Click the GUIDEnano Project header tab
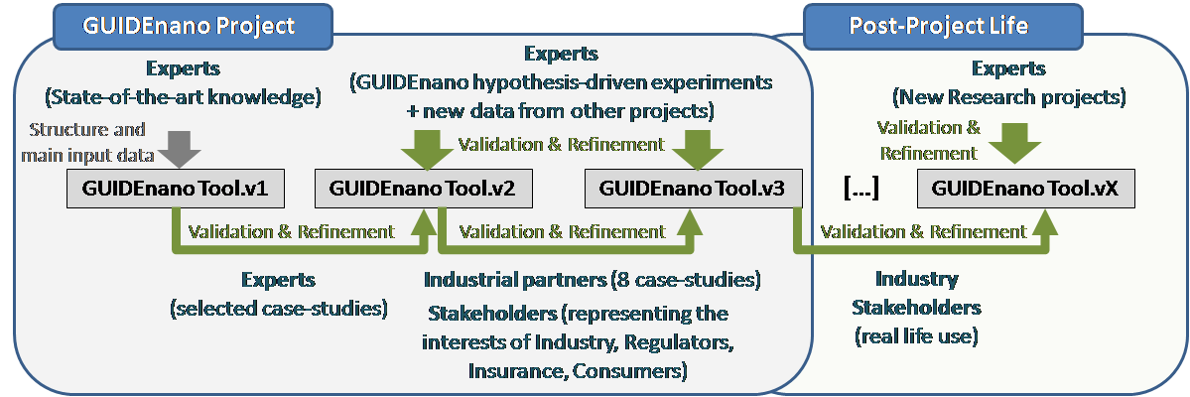pyautogui.click(x=188, y=26)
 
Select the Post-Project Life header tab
pyautogui.click(x=939, y=26)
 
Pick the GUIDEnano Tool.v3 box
pyautogui.click(x=693, y=190)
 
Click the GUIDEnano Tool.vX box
pyautogui.click(x=1026, y=190)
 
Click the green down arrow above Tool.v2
pyautogui.click(x=428, y=147)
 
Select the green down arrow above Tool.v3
pyautogui.click(x=695, y=147)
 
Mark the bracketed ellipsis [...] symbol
pyautogui.click(x=862, y=189)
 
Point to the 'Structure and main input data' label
pyautogui.click(x=84, y=142)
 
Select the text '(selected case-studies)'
pyautogui.click(x=279, y=309)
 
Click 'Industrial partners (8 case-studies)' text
pyautogui.click(x=592, y=280)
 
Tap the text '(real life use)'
pyautogui.click(x=916, y=336)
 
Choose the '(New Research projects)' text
pyautogui.click(x=1008, y=97)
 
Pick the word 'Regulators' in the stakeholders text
pyautogui.click(x=679, y=342)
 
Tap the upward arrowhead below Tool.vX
pyautogui.click(x=1048, y=221)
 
